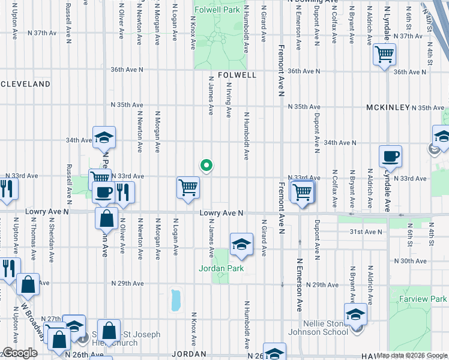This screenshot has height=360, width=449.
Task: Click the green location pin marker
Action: (206, 165)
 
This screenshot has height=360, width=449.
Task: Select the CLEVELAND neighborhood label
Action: (25, 85)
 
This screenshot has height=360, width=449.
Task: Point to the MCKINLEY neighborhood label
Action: (388, 107)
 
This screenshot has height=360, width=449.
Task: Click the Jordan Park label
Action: (221, 268)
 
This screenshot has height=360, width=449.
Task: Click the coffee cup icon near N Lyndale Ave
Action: (390, 157)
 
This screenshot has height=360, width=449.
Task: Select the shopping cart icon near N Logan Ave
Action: (188, 187)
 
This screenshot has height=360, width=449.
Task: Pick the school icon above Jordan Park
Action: (241, 243)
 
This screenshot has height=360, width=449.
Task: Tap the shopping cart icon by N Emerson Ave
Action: (302, 191)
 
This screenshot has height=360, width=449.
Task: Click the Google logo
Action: (20, 353)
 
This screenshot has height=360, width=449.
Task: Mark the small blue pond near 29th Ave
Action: (175, 300)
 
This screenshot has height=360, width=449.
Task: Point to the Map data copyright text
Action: (412, 356)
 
